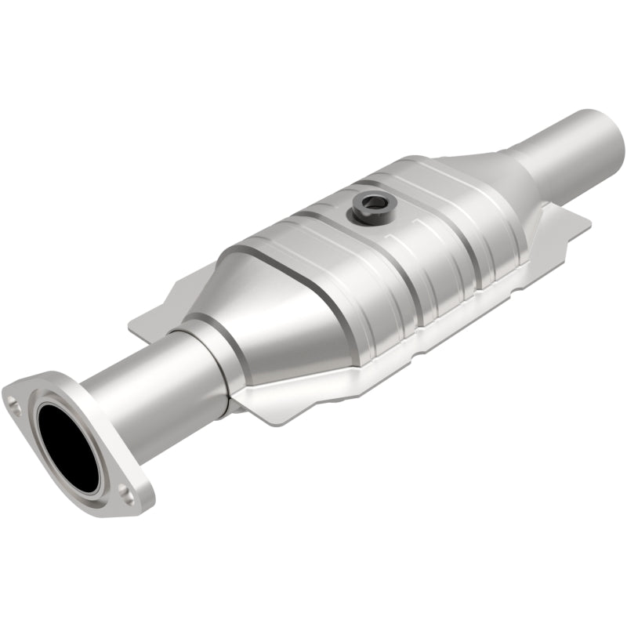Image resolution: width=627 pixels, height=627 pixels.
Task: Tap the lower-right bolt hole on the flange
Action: point(125,492)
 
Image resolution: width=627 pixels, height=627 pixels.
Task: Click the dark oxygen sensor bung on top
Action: point(369,205)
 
